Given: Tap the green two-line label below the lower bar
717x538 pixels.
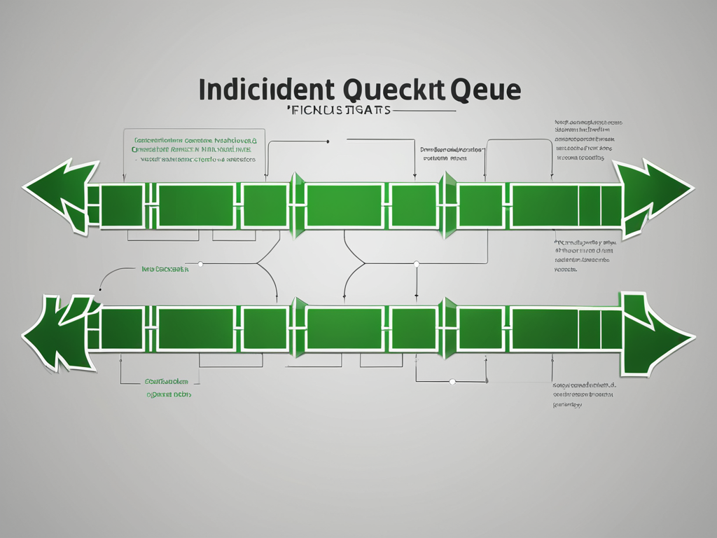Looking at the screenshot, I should [x=167, y=388].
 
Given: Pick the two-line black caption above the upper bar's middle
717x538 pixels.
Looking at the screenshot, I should [x=451, y=153].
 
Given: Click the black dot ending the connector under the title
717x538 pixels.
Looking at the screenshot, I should [x=328, y=142].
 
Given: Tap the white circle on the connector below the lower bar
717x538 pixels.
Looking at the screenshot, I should [x=452, y=382].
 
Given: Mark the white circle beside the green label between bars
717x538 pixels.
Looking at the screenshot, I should [x=200, y=264].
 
